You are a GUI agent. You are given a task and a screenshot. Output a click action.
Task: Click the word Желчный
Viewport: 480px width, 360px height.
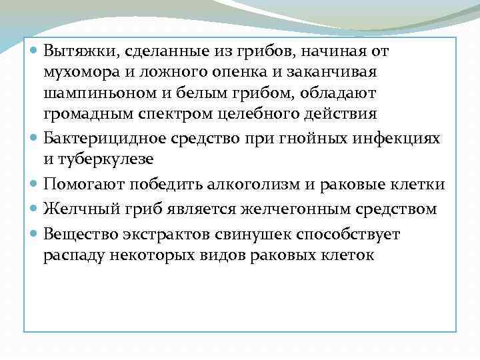(75, 209)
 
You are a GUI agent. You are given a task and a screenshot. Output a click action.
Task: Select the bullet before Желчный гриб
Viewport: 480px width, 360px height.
(35, 209)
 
